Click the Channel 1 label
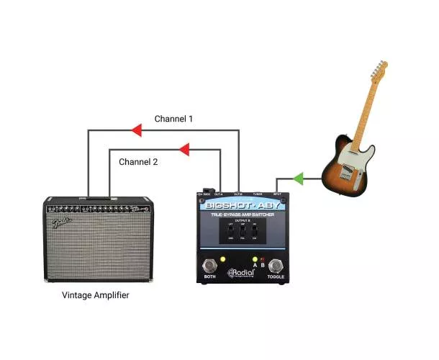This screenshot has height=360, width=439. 173,118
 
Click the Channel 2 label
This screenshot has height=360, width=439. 138,161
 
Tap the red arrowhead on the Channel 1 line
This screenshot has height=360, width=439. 136,130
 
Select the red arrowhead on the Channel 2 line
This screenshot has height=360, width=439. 184,150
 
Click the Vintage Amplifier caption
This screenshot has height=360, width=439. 96,295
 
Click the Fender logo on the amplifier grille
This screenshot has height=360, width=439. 61,222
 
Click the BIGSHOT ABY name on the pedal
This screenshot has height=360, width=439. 241,204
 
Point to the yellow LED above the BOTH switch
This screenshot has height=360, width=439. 223,259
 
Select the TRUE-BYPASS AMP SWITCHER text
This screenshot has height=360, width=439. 241,214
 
